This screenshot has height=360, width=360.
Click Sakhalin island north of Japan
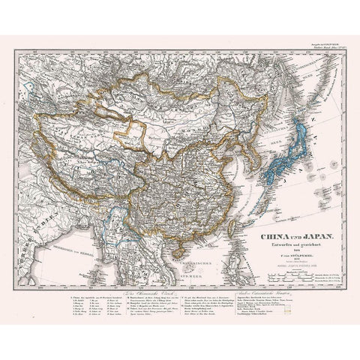pos(297,82)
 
